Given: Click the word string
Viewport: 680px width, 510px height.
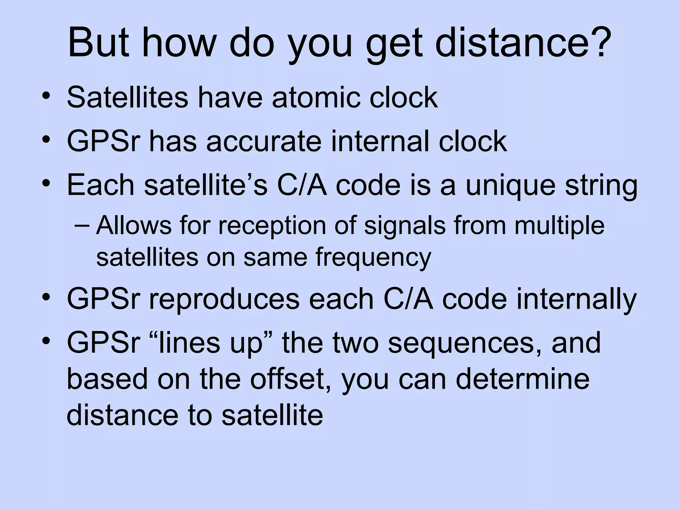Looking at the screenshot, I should (x=601, y=186).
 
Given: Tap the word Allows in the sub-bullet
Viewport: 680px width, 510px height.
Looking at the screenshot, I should (x=133, y=225).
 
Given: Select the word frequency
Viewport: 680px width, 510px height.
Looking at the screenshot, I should (x=373, y=257).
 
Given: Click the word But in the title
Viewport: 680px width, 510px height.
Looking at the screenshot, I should (x=98, y=43).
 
